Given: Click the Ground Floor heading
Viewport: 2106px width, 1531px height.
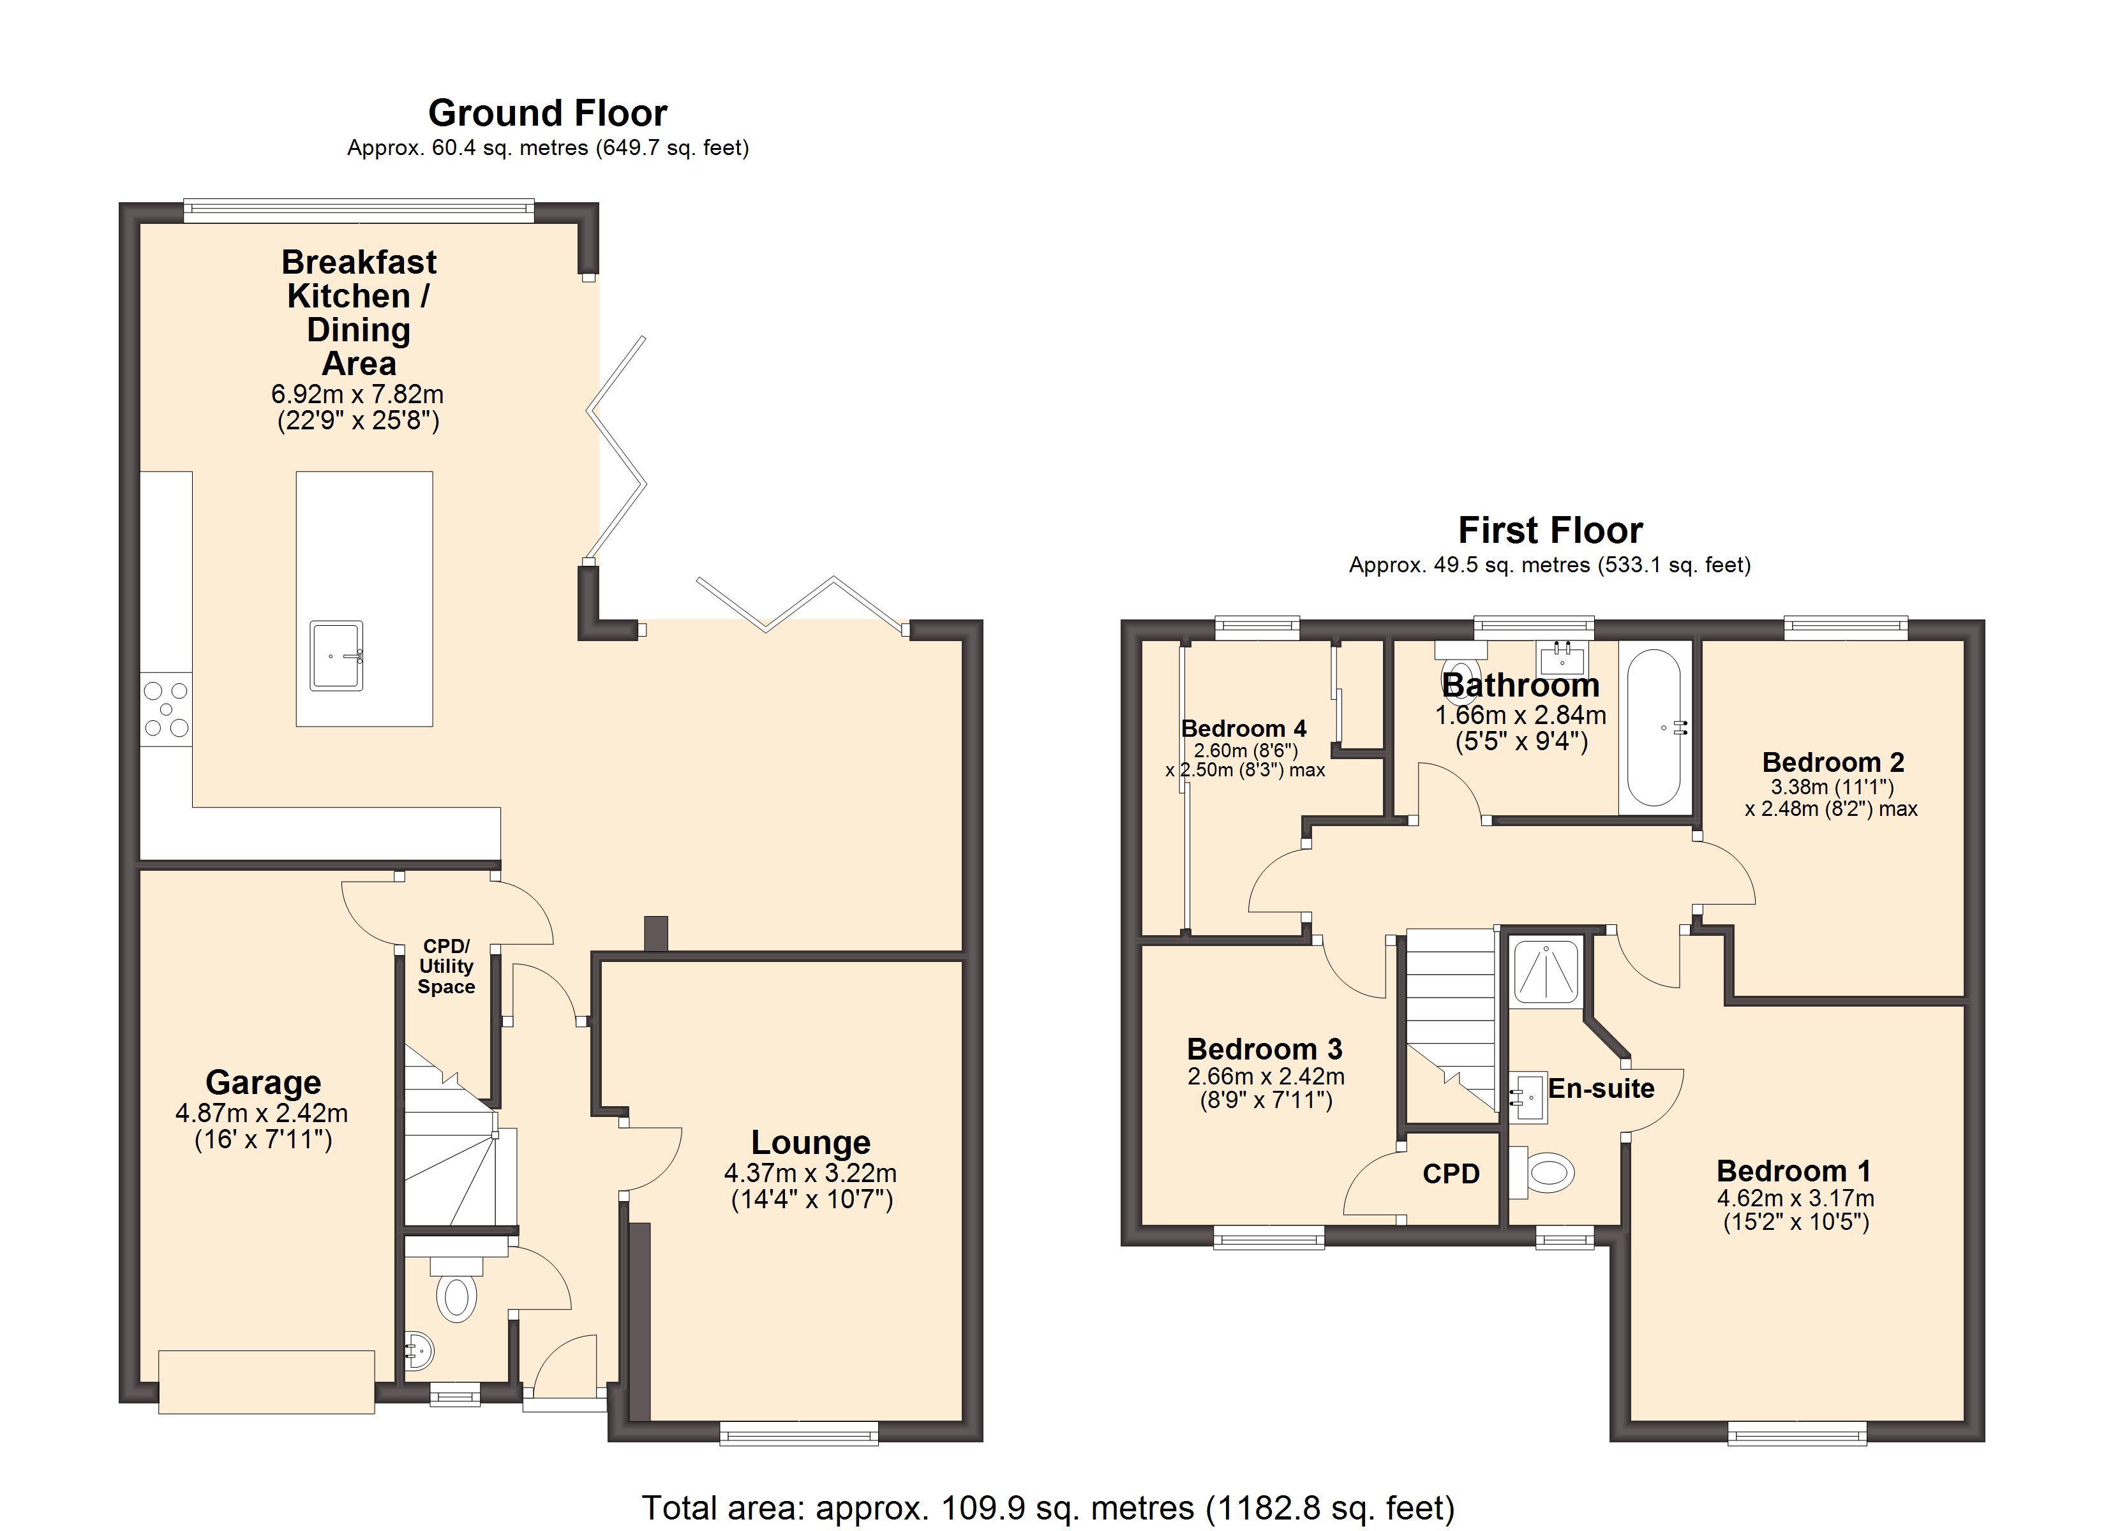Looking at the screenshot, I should click(547, 114).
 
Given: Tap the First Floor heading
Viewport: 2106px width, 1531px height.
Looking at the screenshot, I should click(1550, 530).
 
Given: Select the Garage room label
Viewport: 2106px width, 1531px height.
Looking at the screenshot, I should click(263, 1083).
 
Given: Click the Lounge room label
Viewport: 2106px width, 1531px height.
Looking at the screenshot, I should click(810, 1142).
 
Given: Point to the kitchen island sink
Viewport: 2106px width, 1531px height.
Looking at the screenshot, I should click(336, 656).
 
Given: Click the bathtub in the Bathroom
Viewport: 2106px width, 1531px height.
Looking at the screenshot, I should click(1655, 727).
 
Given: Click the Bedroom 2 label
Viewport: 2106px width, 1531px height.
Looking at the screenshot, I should click(1833, 762).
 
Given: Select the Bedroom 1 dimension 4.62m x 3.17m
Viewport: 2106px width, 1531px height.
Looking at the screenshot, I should click(1795, 1198).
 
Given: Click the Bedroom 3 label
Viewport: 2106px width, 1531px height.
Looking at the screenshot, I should click(1265, 1049).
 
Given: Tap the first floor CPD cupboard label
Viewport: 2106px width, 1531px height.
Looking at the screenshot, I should click(1451, 1174).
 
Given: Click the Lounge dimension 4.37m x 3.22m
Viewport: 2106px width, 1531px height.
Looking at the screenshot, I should click(810, 1172).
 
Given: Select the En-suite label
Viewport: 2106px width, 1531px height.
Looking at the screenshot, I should click(1601, 1088).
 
